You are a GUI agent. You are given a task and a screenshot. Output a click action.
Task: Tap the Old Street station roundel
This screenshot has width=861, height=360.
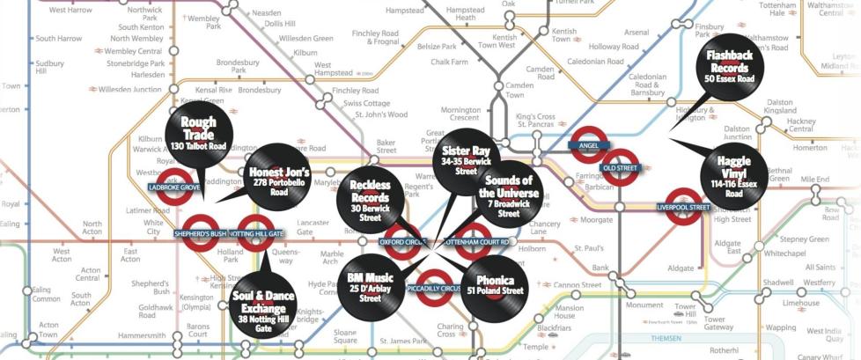coord(620,168)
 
